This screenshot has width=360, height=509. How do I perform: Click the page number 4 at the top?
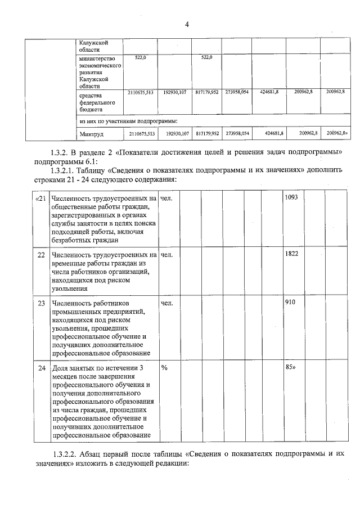(x=186, y=24)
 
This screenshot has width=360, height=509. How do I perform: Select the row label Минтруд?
(x=91, y=134)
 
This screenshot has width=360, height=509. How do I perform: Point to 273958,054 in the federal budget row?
(x=237, y=91)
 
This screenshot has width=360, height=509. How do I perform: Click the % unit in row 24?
(x=165, y=367)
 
